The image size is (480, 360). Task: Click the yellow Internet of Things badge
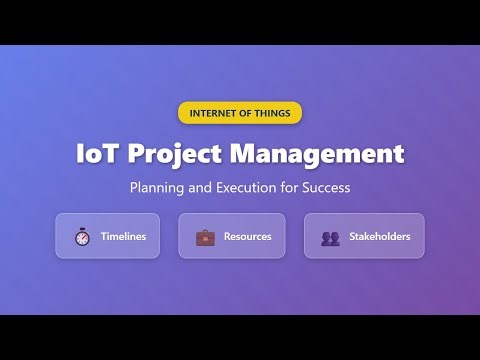click(240, 113)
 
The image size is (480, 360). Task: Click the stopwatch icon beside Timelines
click(82, 237)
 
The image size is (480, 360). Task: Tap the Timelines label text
click(123, 237)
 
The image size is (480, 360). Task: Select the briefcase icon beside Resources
click(205, 237)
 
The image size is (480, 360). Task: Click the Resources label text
click(247, 237)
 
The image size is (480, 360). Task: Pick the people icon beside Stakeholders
click(330, 238)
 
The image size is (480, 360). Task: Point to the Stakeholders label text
click(380, 237)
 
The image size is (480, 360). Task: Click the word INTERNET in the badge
click(214, 113)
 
